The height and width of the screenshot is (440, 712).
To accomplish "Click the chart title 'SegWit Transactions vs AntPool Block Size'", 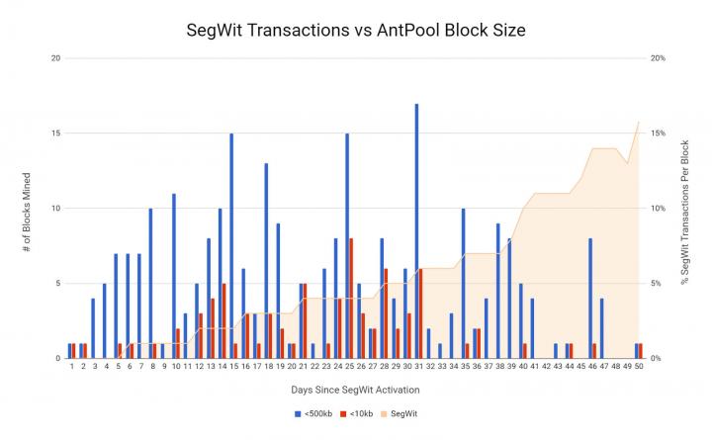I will (356, 30).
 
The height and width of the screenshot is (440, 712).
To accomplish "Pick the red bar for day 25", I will (351, 298).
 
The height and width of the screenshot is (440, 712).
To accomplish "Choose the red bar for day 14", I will (224, 320).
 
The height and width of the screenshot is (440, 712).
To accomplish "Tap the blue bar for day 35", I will (463, 283).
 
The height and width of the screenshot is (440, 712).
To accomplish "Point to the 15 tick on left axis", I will (56, 132).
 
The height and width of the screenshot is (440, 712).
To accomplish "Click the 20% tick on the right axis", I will (658, 57).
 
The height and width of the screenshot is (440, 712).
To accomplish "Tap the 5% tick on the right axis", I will (657, 283).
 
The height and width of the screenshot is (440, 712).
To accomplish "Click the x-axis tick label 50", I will (640, 367).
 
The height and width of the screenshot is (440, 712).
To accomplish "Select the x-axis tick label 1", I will (71, 367).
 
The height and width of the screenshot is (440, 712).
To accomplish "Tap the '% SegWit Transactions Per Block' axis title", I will (685, 208).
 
